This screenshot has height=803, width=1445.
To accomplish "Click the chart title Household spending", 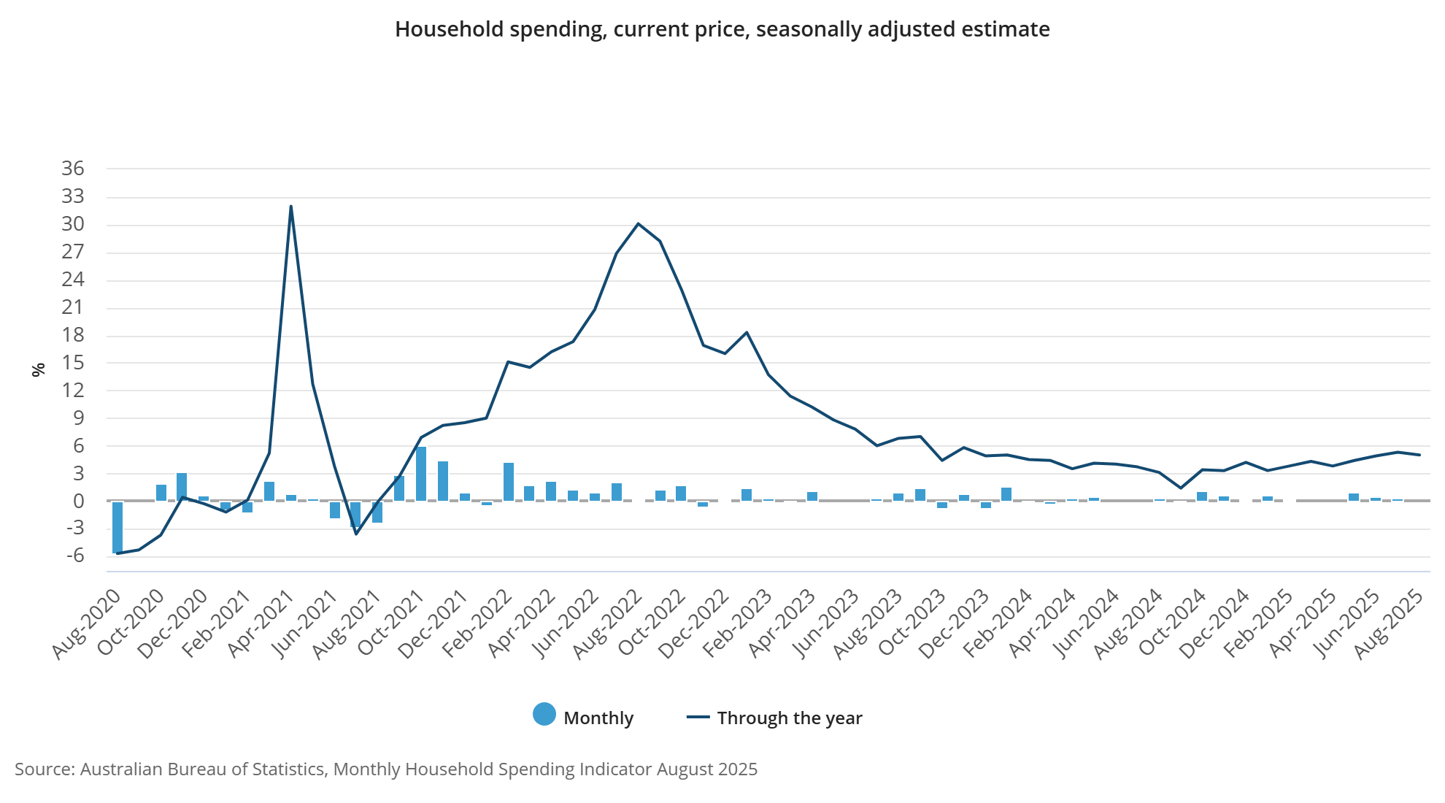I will tap(722, 29).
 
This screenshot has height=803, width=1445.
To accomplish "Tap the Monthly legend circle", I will tap(544, 714).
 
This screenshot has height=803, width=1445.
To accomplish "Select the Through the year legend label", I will tap(789, 718).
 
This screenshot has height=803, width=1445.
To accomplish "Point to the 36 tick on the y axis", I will tap(73, 169).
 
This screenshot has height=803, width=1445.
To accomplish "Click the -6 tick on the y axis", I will tap(74, 556).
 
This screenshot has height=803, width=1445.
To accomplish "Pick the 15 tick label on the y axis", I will tap(73, 363).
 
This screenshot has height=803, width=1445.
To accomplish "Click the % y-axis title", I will tap(39, 369).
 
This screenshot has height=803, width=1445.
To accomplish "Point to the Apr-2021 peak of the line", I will tap(291, 207).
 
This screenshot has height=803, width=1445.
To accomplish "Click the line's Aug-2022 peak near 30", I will tap(639, 223).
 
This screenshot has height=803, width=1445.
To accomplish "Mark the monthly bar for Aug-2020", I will tap(117, 527).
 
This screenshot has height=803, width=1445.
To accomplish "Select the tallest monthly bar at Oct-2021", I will tap(421, 474).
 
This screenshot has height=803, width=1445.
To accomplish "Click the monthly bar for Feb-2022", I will tap(509, 482).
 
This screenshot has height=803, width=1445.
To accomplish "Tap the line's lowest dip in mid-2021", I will tap(356, 534).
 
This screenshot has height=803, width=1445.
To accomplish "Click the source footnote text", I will tap(386, 769).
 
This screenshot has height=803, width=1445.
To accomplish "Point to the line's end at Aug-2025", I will tap(1419, 455).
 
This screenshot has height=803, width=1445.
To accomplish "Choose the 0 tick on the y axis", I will tap(79, 502).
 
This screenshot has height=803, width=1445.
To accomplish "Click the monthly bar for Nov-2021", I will tap(443, 481).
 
